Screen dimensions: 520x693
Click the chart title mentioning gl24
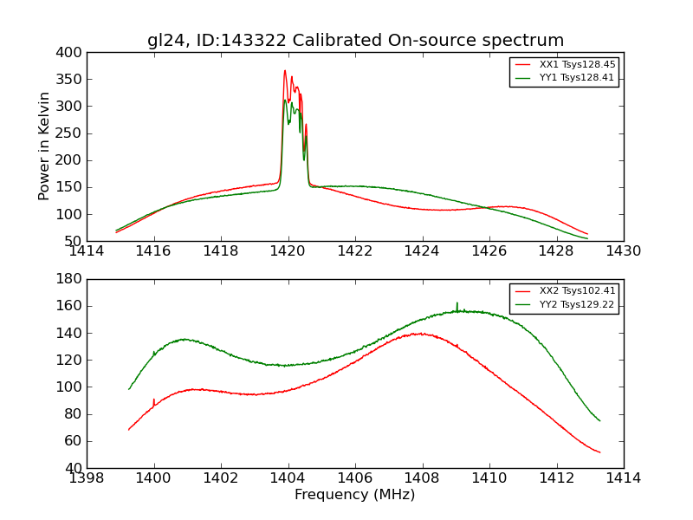355,41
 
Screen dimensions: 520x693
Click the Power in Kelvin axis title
45,146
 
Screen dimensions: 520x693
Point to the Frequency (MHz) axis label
355,495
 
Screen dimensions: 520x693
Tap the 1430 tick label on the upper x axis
624,251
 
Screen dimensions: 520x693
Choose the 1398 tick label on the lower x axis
87,478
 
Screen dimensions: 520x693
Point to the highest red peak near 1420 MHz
284,71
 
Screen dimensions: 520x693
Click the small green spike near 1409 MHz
457,303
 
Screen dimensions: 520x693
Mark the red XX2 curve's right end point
599,452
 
